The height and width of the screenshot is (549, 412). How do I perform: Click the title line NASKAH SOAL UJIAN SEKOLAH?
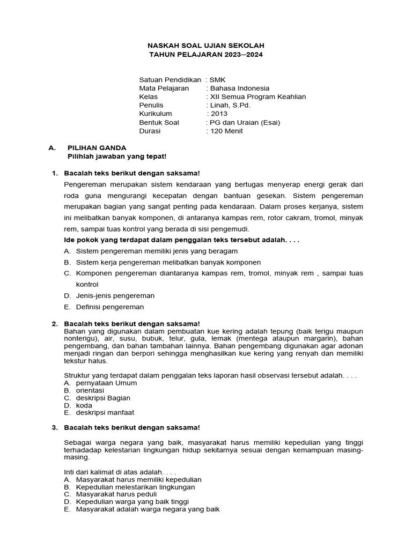(206, 46)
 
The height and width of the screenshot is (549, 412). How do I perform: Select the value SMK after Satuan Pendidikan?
(218, 79)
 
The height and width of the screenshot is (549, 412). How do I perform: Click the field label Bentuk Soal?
(159, 122)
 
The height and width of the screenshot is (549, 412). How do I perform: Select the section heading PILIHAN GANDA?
(97, 147)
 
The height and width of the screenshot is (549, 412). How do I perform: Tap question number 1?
(54, 173)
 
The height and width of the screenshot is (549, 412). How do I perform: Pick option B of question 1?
(168, 262)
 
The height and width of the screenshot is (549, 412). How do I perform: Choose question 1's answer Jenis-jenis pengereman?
(115, 295)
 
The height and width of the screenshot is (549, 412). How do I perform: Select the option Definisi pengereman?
(110, 307)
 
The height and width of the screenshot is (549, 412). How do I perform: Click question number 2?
(54, 324)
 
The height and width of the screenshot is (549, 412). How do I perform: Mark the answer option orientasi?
(90, 391)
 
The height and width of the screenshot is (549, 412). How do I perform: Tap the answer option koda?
(84, 405)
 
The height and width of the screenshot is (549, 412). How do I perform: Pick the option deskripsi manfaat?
(105, 413)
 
